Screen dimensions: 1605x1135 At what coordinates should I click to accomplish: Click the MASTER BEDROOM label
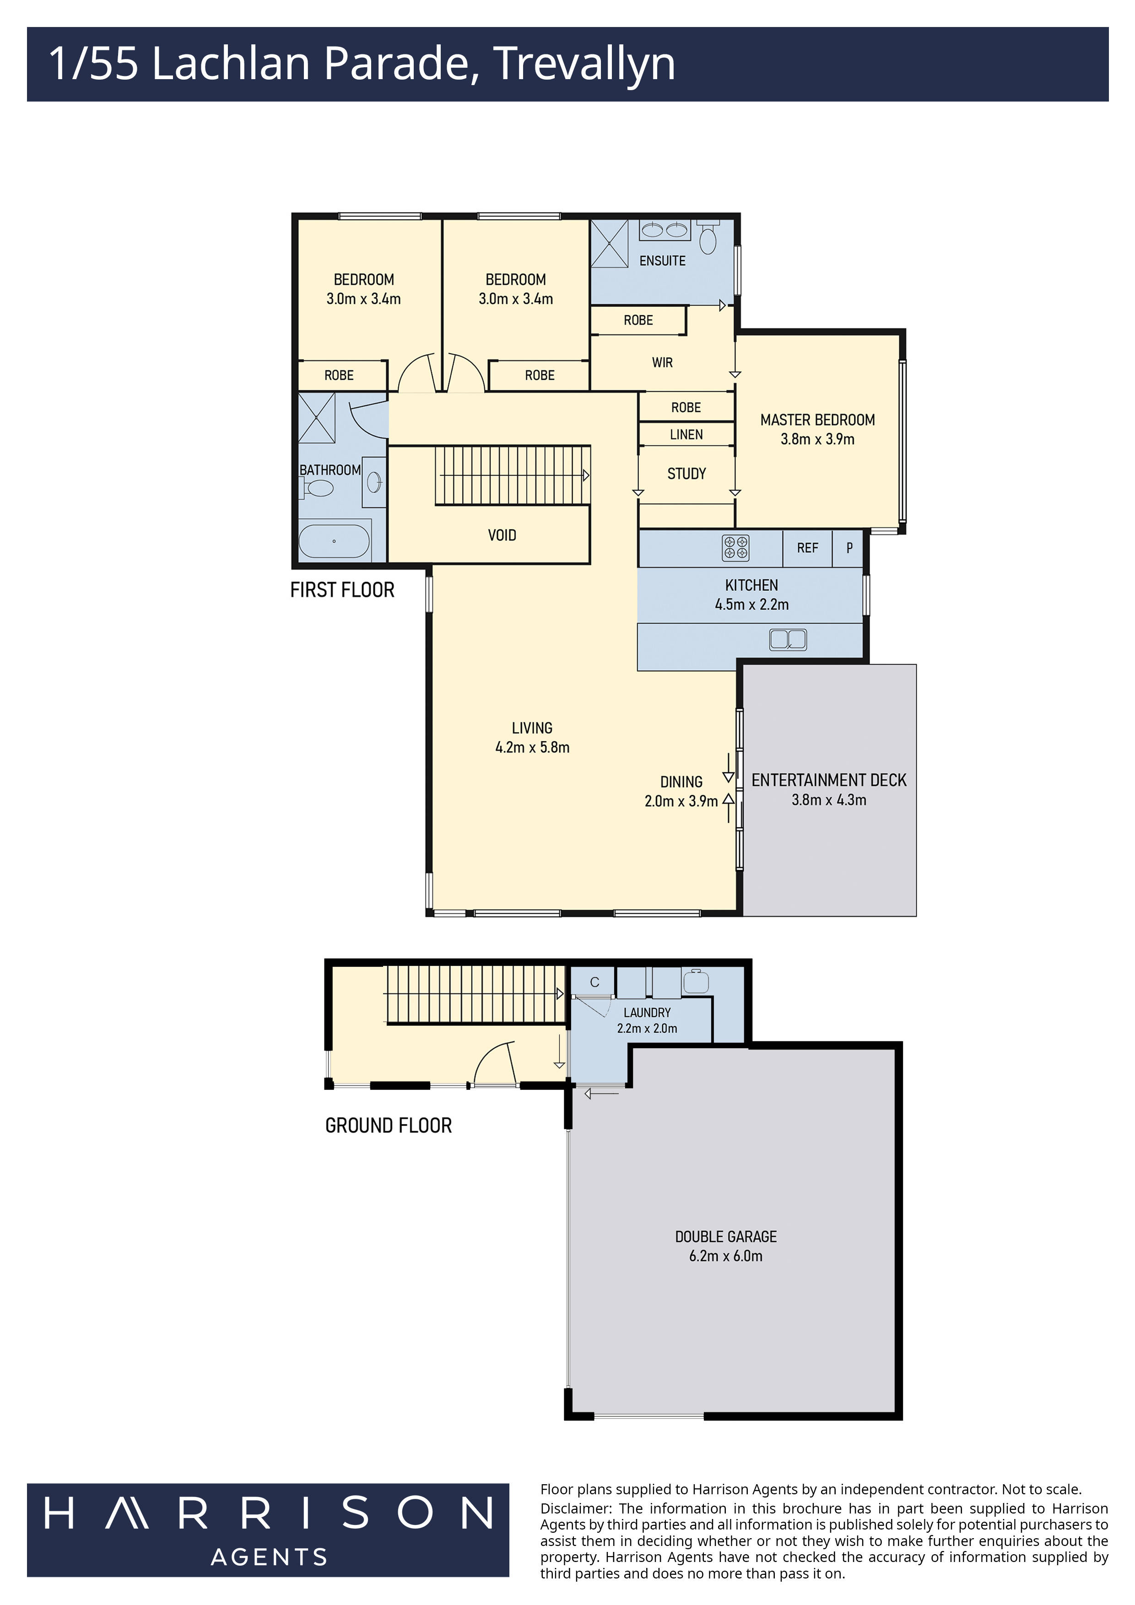point(817,420)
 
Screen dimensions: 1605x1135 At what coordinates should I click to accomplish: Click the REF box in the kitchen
point(807,548)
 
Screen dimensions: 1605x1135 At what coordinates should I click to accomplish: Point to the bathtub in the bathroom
point(334,541)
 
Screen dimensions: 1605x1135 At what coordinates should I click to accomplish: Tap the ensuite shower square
point(610,243)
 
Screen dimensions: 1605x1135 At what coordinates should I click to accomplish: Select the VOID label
point(502,535)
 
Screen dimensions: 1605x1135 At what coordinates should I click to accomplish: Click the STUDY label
point(686,474)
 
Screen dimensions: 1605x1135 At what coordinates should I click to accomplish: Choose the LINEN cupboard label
point(686,435)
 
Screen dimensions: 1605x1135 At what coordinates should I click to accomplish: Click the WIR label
point(662,363)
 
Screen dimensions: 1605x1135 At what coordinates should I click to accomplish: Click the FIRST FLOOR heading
point(342,590)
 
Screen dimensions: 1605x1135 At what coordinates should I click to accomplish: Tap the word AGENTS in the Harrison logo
point(269,1557)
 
